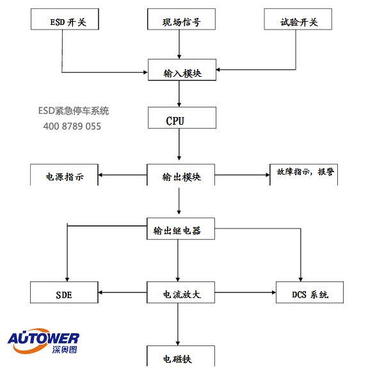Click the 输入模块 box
(182, 70)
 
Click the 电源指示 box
(65, 175)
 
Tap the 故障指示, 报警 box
(305, 173)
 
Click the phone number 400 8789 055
(72, 126)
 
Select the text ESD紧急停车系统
(73, 111)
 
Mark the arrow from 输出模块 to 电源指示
(122, 175)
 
